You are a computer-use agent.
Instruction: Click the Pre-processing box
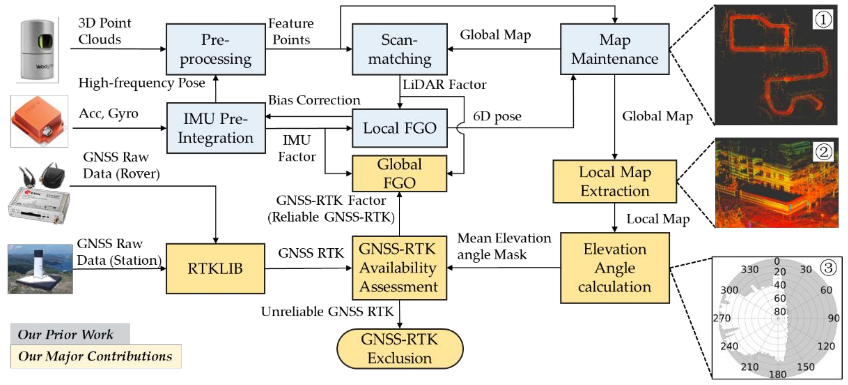[x=216, y=49]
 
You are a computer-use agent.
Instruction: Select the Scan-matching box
[x=399, y=49]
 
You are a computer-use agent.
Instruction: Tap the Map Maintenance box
[x=614, y=49]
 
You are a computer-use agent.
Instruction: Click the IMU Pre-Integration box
[x=216, y=128]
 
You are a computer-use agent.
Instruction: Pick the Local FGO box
[x=399, y=128]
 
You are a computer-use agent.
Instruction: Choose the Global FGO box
[x=399, y=173]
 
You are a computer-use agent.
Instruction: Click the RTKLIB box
[x=215, y=268]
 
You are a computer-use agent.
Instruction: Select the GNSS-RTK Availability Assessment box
[x=399, y=268]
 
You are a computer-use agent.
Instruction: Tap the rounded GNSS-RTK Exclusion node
[x=400, y=349]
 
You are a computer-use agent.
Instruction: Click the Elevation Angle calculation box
[x=615, y=268]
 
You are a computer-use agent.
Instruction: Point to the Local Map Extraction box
[x=615, y=181]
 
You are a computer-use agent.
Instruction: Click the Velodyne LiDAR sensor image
[x=37, y=49]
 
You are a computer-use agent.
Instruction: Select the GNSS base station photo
[x=40, y=269]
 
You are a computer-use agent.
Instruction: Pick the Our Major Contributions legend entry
[x=95, y=356]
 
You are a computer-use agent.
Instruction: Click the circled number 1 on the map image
[x=823, y=20]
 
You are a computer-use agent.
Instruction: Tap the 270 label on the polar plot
[x=722, y=318]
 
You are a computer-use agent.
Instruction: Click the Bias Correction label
[x=314, y=100]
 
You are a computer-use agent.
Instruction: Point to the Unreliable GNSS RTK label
[x=327, y=311]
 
